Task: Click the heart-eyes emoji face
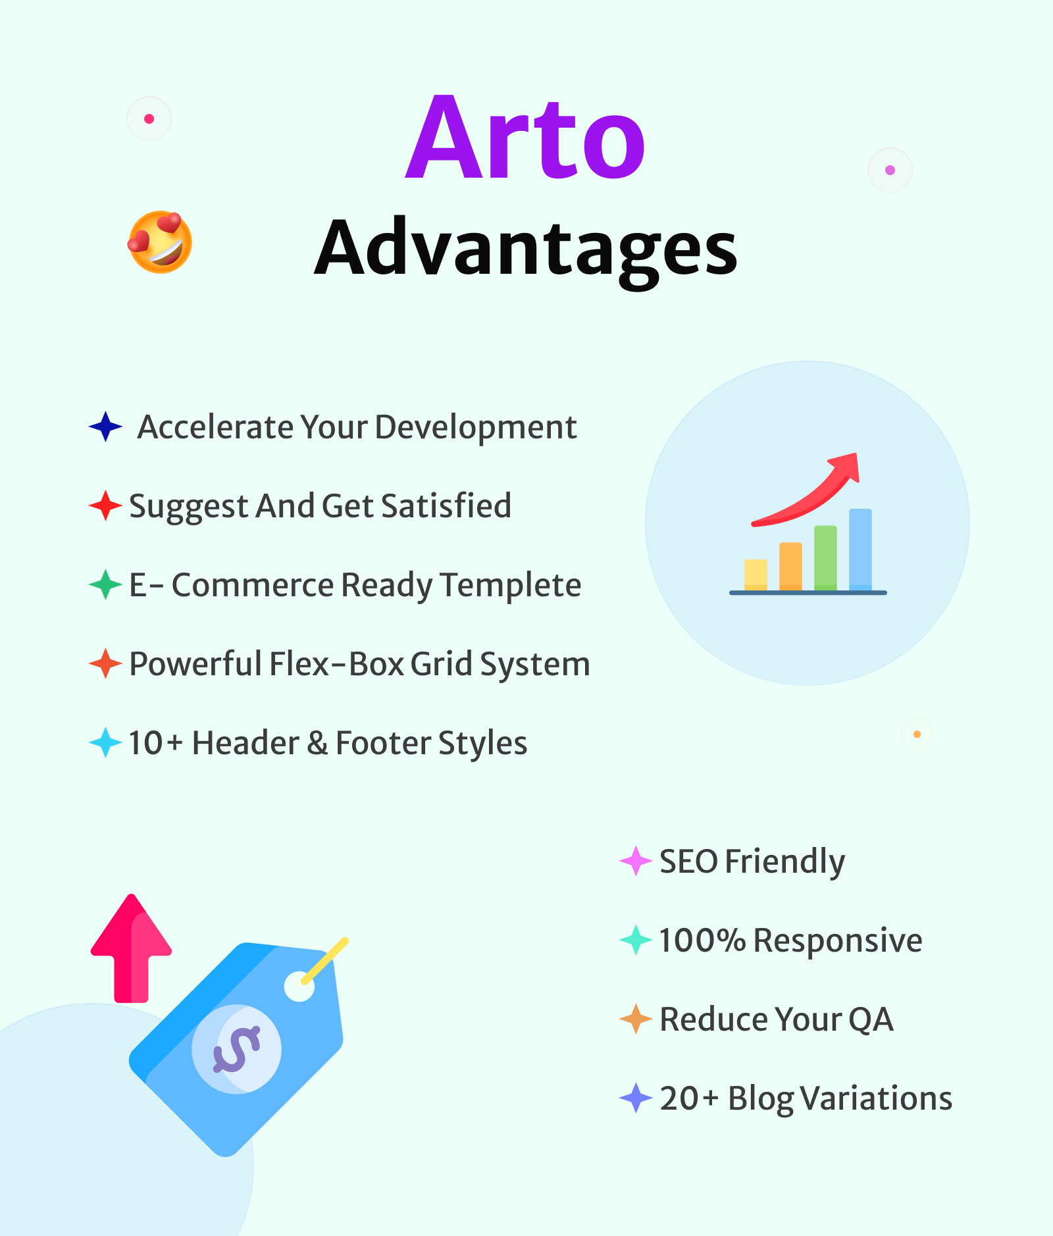click(x=160, y=242)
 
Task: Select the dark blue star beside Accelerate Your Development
click(x=105, y=426)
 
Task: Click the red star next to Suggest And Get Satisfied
click(x=105, y=505)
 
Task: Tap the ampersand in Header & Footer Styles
click(x=317, y=743)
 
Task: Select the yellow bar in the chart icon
click(x=756, y=574)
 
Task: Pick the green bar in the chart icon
click(x=825, y=557)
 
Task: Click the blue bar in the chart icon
click(x=860, y=549)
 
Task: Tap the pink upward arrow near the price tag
click(x=132, y=948)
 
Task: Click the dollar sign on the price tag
click(x=236, y=1049)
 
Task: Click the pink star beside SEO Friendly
click(x=636, y=861)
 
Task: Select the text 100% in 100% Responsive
click(x=702, y=940)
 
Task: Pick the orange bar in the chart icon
click(x=790, y=566)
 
